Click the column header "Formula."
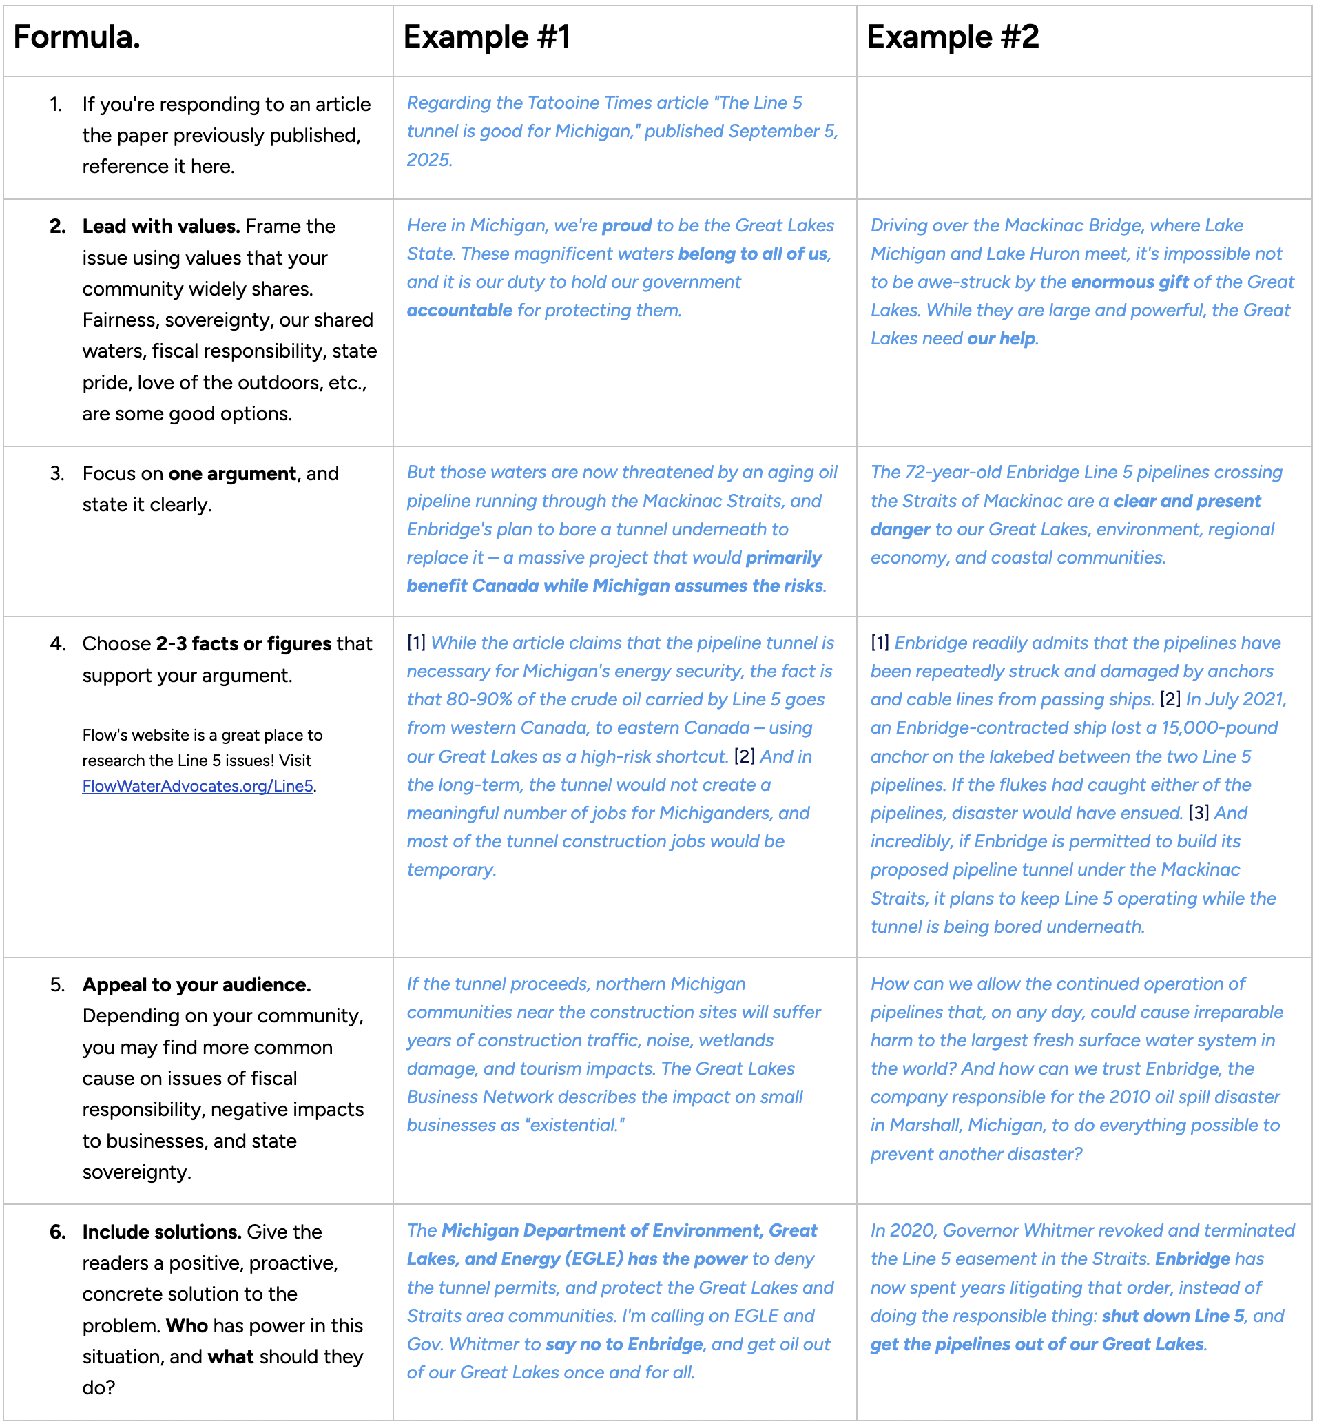[77, 37]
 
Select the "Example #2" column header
[953, 37]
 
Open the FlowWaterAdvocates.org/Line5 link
[198, 786]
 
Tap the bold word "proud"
[626, 226]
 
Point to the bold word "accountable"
[459, 311]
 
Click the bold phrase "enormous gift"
[1130, 282]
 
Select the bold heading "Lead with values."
[161, 227]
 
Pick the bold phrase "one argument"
[232, 474]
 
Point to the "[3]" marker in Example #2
[1199, 813]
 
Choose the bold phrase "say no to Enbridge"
[624, 1345]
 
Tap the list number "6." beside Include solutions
[58, 1232]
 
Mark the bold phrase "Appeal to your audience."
[197, 985]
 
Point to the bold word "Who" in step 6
[187, 1325]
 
